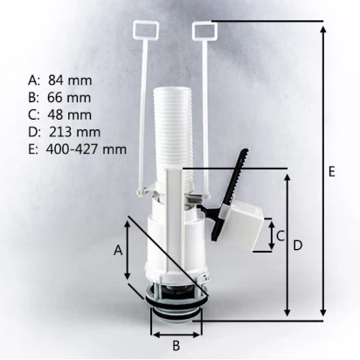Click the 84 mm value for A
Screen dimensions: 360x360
[70, 80]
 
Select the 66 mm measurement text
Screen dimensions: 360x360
[69, 97]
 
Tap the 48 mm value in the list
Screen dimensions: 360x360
[70, 114]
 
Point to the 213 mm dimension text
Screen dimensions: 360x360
[74, 132]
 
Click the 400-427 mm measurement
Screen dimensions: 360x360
[87, 149]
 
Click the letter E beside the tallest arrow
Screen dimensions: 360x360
[331, 171]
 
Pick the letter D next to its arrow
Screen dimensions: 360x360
[298, 246]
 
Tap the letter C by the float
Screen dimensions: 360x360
[280, 236]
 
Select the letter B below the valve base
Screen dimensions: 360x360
[176, 346]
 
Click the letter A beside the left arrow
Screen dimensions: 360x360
[118, 250]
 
